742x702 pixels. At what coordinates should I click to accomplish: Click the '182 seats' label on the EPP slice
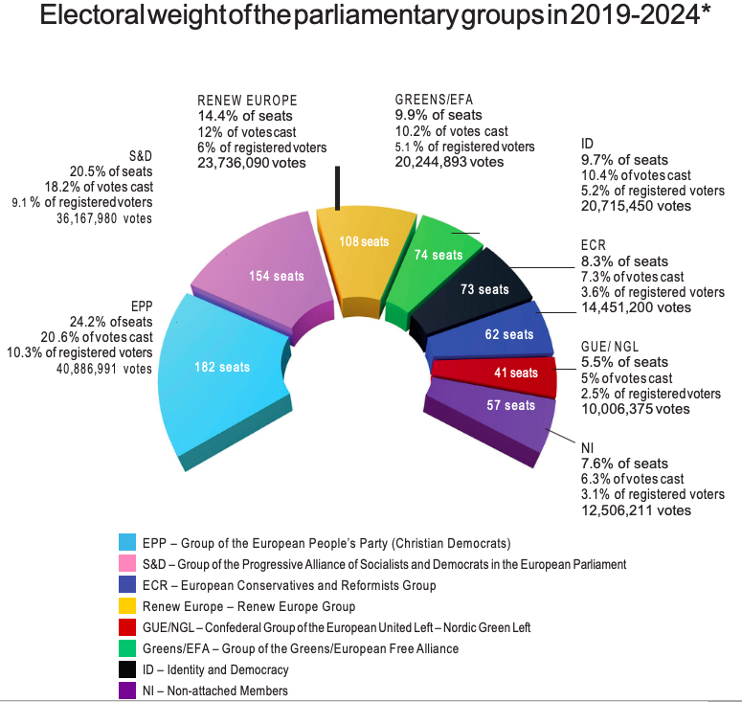click(221, 367)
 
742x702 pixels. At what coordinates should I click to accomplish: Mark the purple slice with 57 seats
click(511, 406)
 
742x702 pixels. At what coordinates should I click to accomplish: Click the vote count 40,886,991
click(96, 368)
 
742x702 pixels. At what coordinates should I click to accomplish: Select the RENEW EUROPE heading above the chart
click(247, 101)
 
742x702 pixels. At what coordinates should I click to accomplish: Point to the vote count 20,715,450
click(636, 206)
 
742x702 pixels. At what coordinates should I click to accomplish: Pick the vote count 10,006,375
click(635, 409)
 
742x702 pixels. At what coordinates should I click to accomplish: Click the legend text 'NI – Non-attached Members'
click(214, 691)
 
